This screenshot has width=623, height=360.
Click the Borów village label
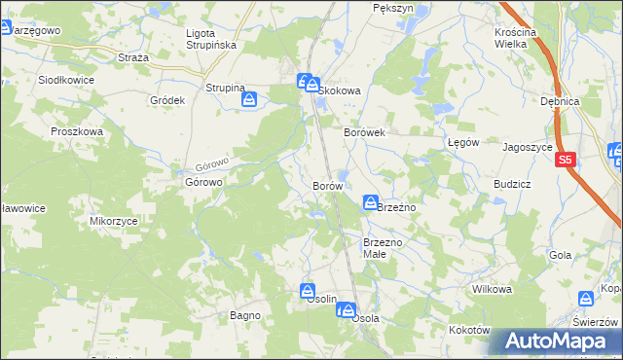pos(326,185)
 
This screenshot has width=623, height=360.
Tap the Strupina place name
pos(225,88)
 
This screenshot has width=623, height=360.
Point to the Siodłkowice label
pos(66,81)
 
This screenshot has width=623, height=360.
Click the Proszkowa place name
pos(77,130)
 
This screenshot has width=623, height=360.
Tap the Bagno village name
pos(243,315)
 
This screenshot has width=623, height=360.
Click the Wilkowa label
pos(492,289)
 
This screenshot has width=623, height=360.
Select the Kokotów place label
pos(469,330)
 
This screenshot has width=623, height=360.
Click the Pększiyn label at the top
pos(393,7)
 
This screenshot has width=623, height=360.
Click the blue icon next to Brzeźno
pos(371,202)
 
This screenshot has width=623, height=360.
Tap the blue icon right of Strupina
pos(250,98)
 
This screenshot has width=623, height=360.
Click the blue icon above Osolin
pos(308,290)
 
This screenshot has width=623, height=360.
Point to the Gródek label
pos(167,100)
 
